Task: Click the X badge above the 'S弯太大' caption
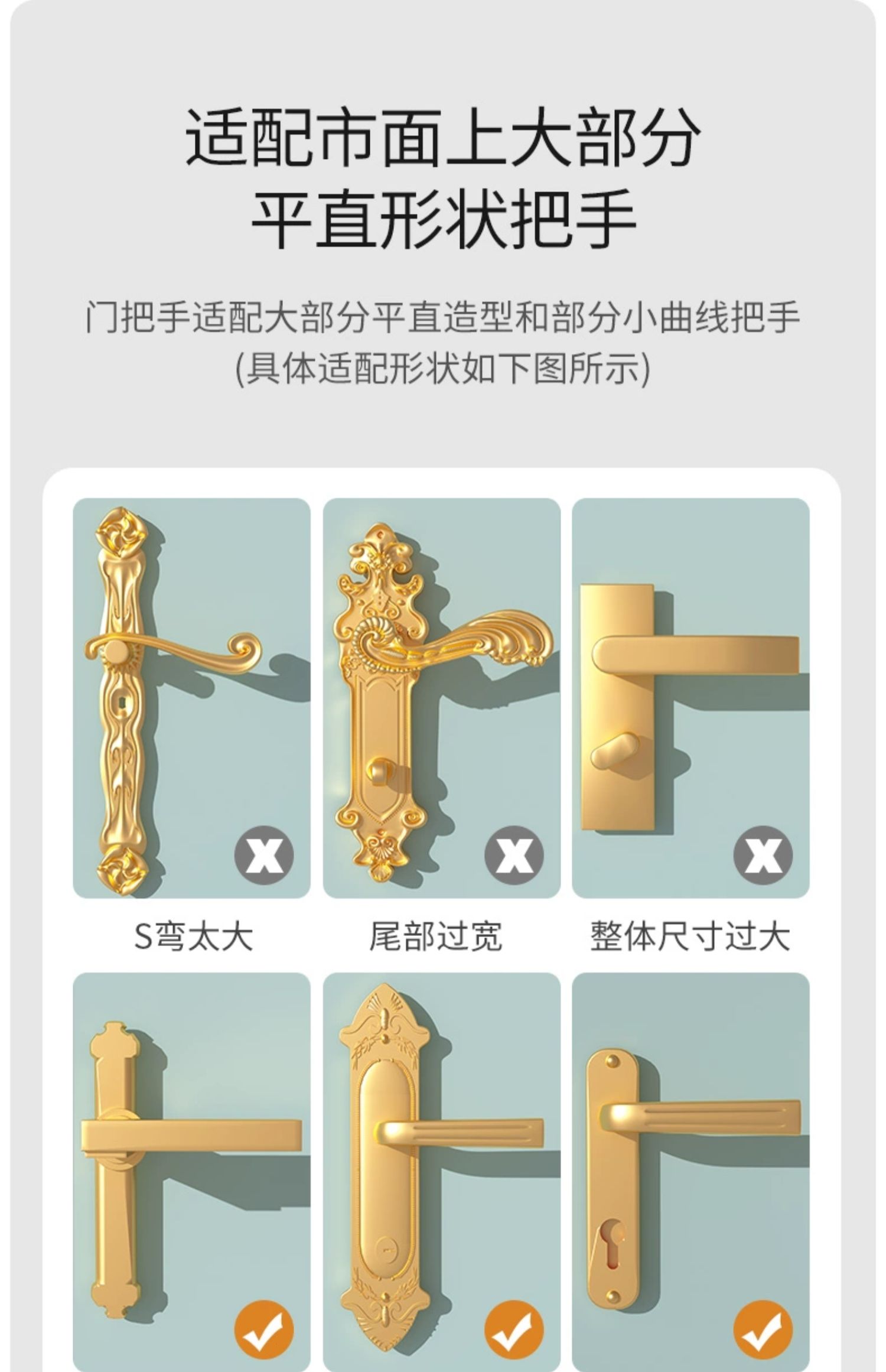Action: (263, 855)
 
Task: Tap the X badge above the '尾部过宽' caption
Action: (514, 855)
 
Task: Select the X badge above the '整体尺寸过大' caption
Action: (763, 855)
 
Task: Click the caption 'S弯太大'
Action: (193, 937)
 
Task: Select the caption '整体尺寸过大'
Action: (690, 937)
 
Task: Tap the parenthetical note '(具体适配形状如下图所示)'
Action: (443, 369)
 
